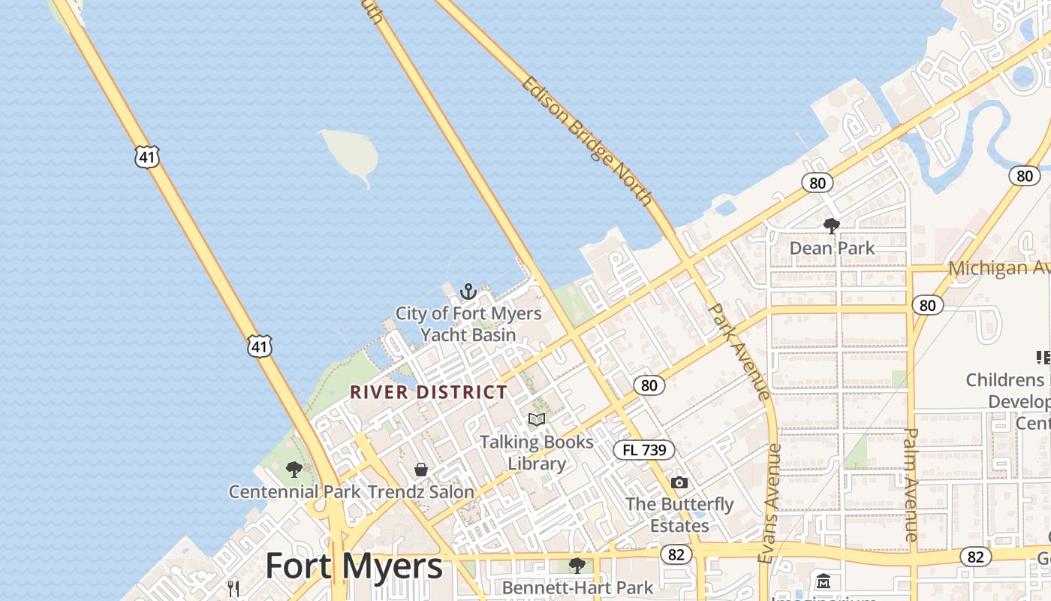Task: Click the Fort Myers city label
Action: (354, 566)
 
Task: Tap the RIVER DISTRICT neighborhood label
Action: (429, 392)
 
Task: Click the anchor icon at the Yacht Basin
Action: (468, 291)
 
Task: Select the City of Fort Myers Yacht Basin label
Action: (468, 324)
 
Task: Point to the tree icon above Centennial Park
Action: (294, 470)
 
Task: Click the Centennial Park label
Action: (294, 492)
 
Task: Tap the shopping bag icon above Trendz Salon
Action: (421, 470)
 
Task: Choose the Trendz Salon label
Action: (421, 492)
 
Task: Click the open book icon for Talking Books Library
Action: (537, 419)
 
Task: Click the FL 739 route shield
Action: (644, 450)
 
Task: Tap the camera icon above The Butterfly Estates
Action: (679, 482)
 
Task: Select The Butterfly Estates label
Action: (679, 515)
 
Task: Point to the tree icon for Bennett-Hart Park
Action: (577, 565)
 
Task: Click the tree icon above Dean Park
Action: (831, 225)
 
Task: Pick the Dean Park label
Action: (832, 248)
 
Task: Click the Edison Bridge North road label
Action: (586, 140)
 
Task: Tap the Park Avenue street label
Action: (739, 351)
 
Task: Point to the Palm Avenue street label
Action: (911, 485)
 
